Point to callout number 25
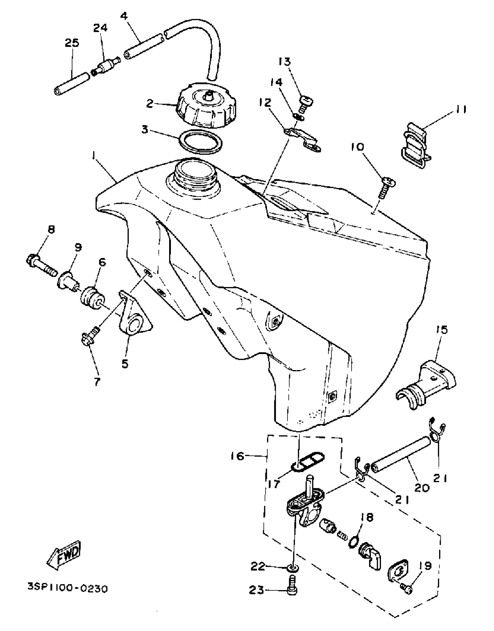point(71,44)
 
